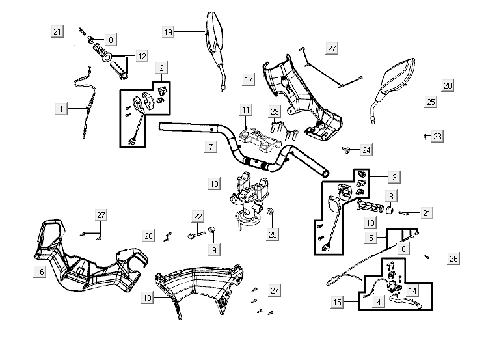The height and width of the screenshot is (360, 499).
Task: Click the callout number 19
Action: pyautogui.click(x=169, y=31)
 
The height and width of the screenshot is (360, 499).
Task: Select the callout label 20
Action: pyautogui.click(x=448, y=85)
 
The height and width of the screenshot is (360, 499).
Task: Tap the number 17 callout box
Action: pyautogui.click(x=249, y=79)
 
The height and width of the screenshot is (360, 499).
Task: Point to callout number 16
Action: pyautogui.click(x=40, y=272)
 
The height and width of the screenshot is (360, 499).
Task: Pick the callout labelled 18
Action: pyautogui.click(x=148, y=297)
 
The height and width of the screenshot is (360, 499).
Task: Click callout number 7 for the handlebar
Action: pyautogui.click(x=211, y=147)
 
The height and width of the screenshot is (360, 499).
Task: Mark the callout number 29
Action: pyautogui.click(x=275, y=112)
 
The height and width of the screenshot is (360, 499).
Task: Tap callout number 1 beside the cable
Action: pyautogui.click(x=61, y=109)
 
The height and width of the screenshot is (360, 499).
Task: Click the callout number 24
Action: pyautogui.click(x=367, y=150)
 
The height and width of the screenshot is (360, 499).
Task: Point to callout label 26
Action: pyautogui.click(x=453, y=258)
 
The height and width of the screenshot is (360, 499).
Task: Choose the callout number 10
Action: pyautogui.click(x=215, y=184)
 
